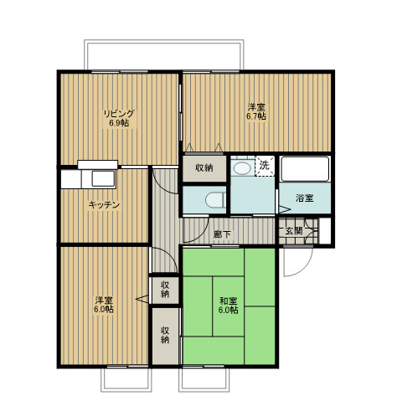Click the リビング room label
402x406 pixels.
[119, 114]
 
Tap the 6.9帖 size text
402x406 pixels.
[119, 123]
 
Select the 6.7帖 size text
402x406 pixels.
[255, 116]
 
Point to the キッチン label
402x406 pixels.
[104, 205]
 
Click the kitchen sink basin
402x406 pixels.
[103, 178]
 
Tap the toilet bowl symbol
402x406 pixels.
[215, 200]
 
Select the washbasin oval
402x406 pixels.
[242, 168]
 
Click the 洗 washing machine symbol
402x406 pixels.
[265, 166]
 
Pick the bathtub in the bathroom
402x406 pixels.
[305, 169]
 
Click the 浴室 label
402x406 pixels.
[305, 198]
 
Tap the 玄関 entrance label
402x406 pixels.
[294, 231]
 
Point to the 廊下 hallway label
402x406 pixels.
[222, 234]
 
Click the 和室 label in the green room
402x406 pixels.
[229, 301]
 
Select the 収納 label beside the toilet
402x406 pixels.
[204, 168]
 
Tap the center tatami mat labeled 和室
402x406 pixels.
[229, 306]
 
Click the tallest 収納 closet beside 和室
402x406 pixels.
[165, 336]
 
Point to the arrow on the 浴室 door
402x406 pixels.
[285, 209]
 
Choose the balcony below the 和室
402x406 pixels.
[204, 380]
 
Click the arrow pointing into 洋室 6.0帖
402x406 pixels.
[142, 299]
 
